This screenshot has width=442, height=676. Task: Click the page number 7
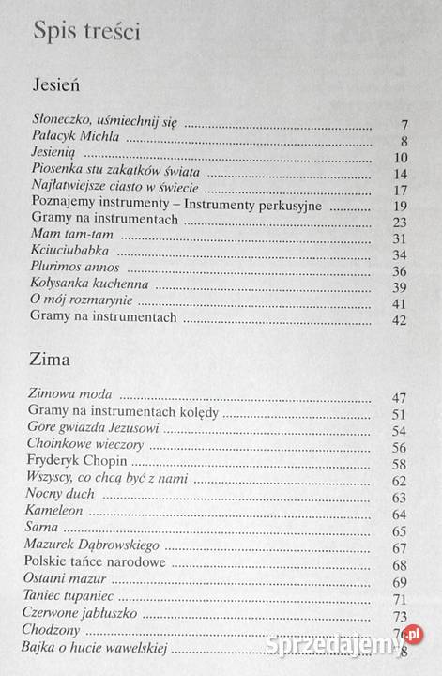402,124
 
